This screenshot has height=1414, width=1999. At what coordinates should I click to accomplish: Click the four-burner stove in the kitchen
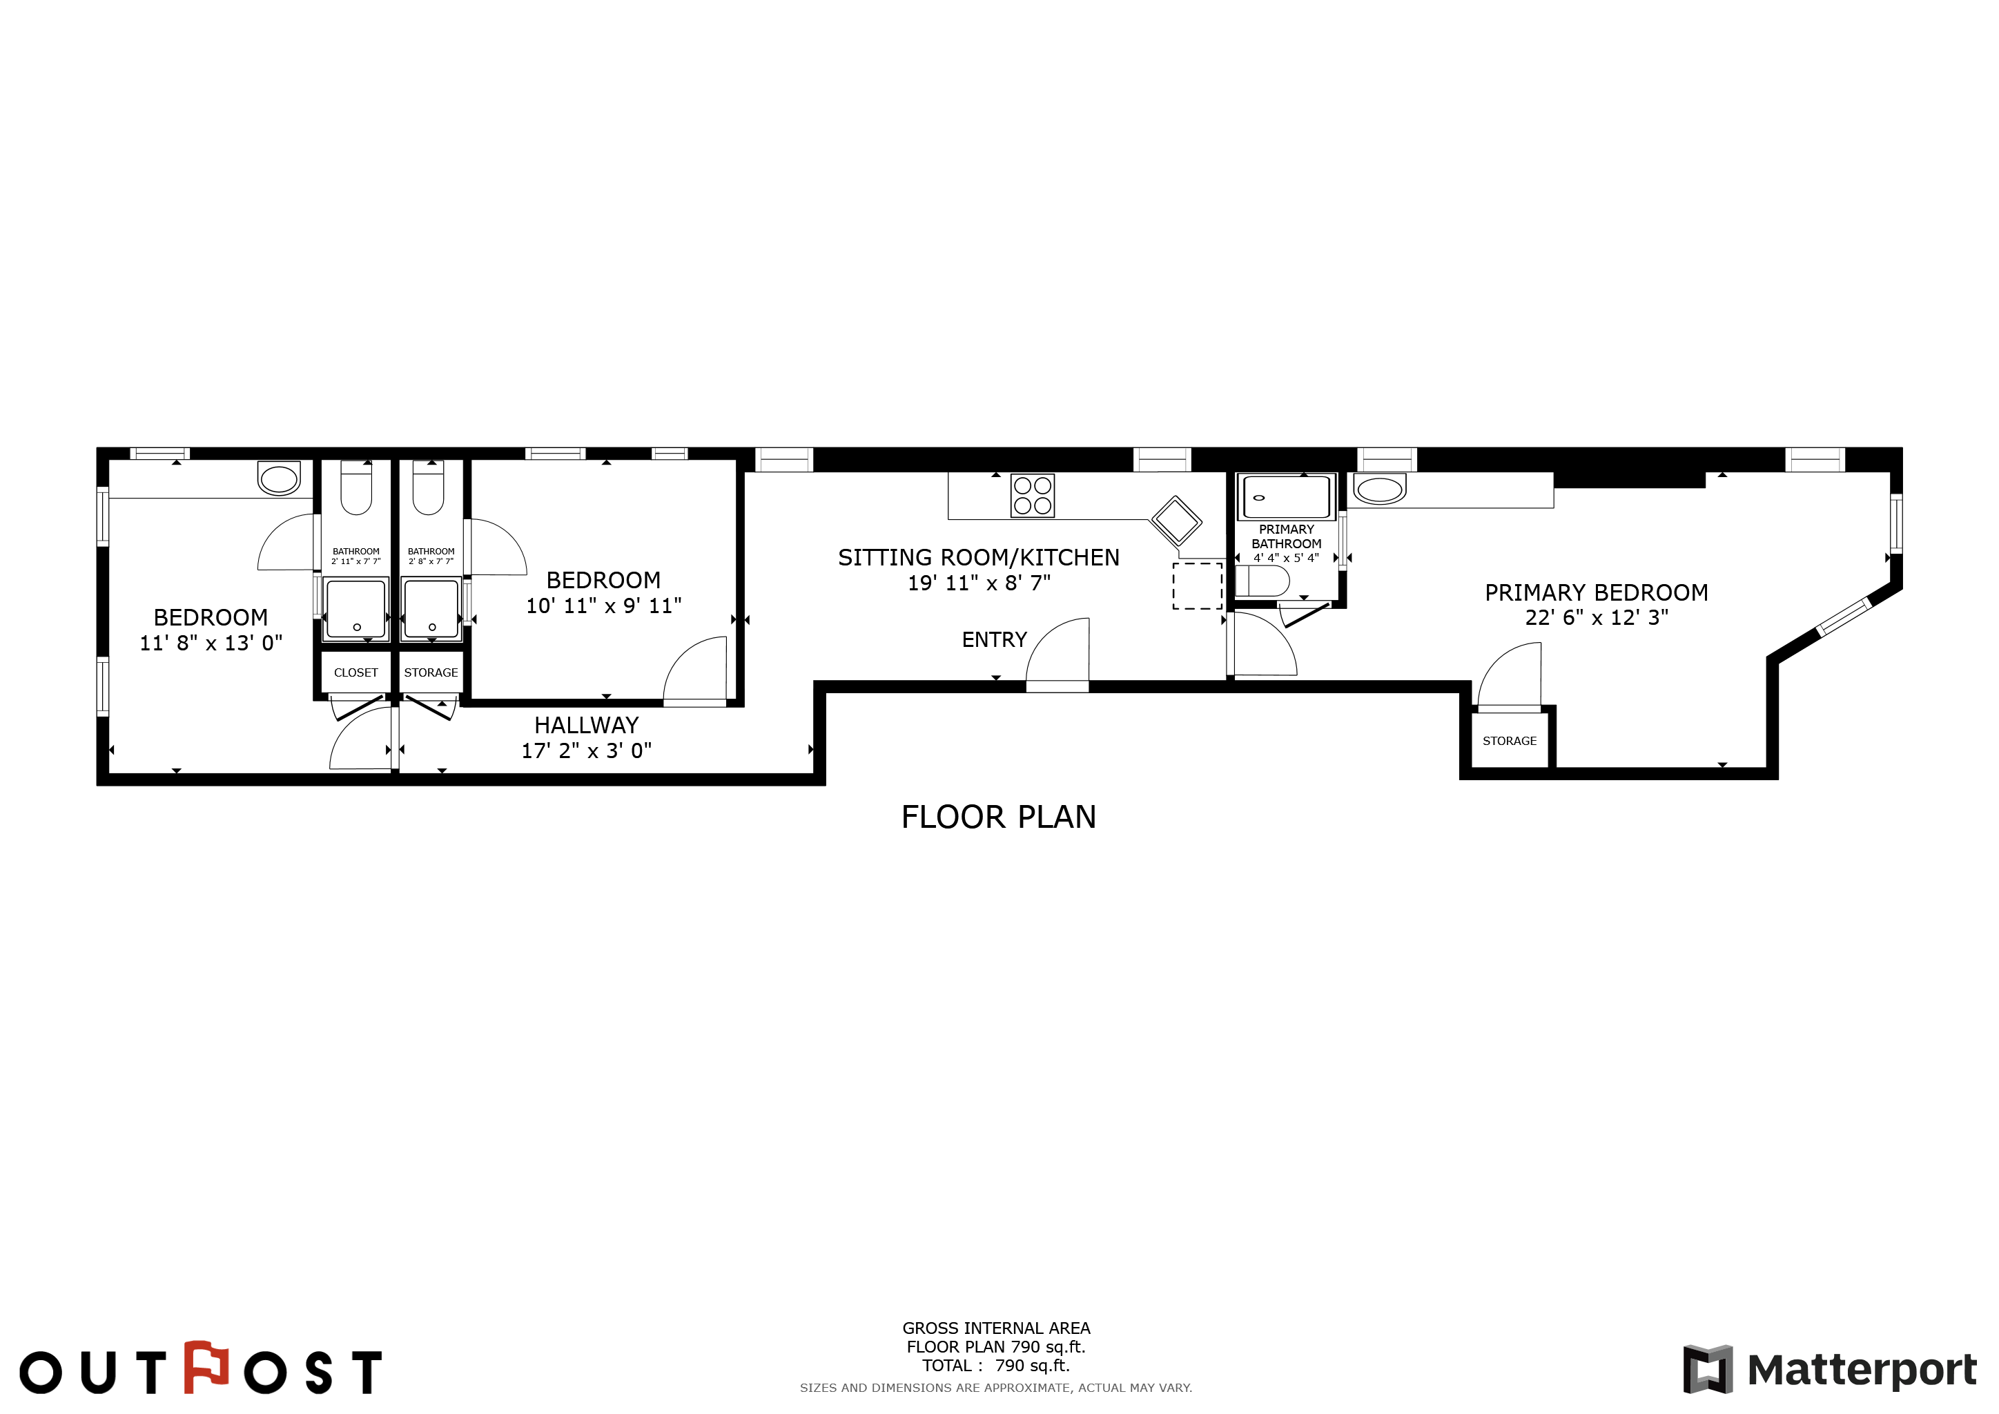(x=1032, y=496)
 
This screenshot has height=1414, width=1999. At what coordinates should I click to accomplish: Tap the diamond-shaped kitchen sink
(x=1176, y=521)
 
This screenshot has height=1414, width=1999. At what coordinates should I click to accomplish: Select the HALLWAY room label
(x=586, y=725)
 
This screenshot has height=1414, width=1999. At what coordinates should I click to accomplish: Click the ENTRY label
(x=994, y=640)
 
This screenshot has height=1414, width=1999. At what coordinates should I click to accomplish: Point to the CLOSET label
(x=356, y=673)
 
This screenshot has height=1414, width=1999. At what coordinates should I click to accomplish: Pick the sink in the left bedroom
(x=279, y=478)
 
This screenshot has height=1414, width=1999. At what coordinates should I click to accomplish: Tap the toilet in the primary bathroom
(x=1262, y=581)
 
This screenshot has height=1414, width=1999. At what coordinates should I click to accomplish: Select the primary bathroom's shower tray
(x=1287, y=497)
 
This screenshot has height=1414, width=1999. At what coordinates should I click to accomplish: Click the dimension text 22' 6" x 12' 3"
(x=1597, y=617)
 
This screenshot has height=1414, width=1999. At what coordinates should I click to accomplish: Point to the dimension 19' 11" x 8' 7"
(x=979, y=583)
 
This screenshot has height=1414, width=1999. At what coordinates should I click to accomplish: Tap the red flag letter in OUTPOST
(x=206, y=1367)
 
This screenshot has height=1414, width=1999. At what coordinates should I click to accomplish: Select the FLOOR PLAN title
(x=999, y=817)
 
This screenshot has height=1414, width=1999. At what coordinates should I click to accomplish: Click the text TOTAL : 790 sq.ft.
(x=996, y=1365)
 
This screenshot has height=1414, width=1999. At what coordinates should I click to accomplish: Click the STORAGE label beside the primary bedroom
(x=1510, y=741)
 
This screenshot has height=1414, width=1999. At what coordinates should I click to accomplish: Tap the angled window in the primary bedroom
(x=1843, y=617)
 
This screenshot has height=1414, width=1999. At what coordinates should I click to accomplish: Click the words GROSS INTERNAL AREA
(x=996, y=1328)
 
